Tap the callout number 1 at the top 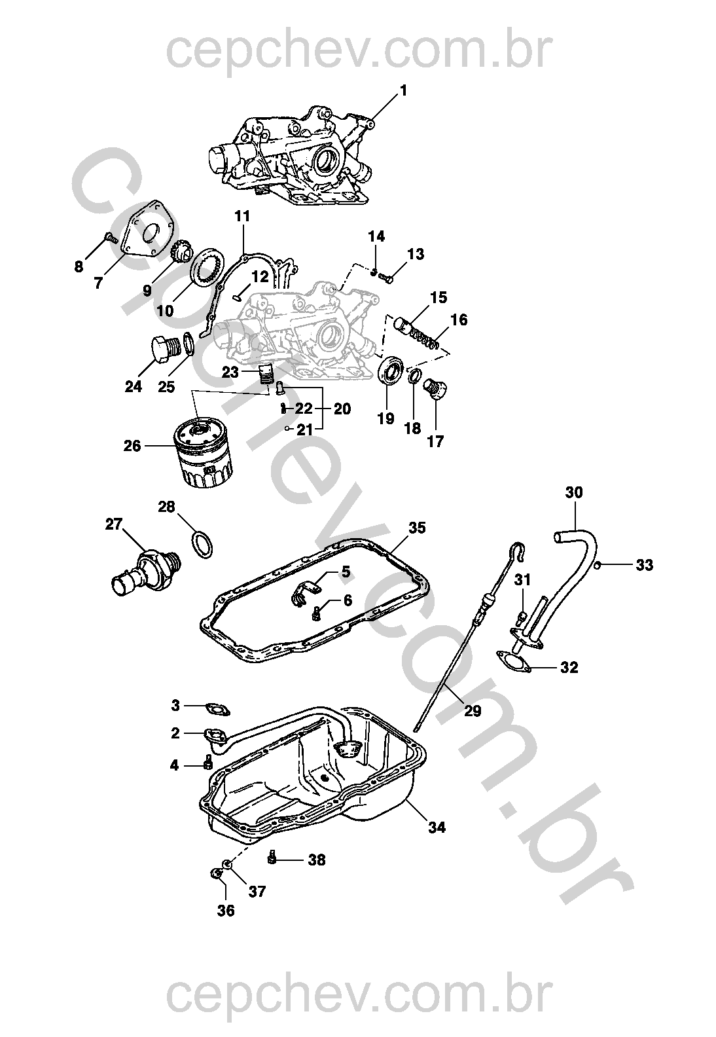(x=403, y=90)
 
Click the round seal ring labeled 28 (x=202, y=545)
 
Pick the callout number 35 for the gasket (x=417, y=527)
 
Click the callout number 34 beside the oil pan (x=437, y=827)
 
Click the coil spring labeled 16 (x=425, y=340)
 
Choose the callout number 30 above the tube (x=574, y=492)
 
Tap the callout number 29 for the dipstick (x=472, y=711)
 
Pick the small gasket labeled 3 (x=214, y=708)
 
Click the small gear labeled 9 (x=181, y=251)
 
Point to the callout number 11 (x=242, y=215)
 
